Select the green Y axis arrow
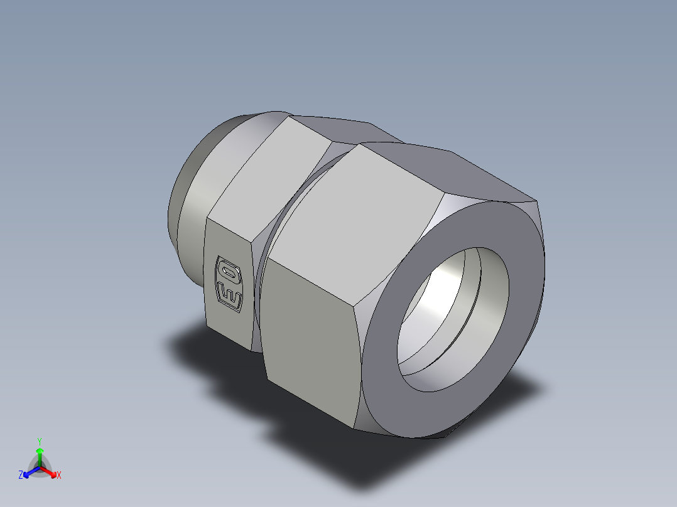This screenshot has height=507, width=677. [40, 455]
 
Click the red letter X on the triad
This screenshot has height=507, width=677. [58, 476]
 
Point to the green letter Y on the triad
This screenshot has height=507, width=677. [40, 440]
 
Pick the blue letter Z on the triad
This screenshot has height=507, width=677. [21, 475]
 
